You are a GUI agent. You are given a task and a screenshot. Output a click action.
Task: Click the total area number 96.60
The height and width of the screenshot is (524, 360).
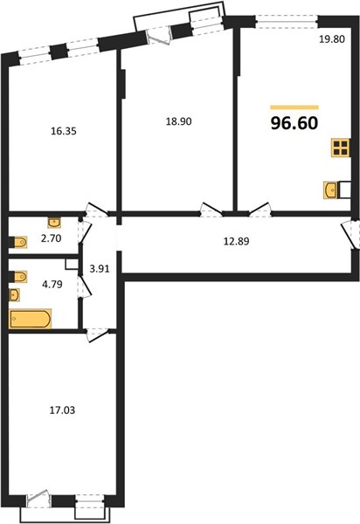[294, 123]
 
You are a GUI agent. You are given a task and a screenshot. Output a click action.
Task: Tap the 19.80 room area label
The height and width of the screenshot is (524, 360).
[331, 39]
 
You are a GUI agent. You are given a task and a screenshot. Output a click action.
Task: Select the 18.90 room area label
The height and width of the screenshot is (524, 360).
[179, 121]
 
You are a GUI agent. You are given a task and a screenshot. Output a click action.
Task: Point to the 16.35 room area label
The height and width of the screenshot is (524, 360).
[64, 131]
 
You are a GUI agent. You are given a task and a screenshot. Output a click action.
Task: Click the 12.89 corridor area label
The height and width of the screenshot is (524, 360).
[236, 241]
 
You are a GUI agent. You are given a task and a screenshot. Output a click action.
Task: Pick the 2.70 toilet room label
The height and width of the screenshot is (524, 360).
[52, 238]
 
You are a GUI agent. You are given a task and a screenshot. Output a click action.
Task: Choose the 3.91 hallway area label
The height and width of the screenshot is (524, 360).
[100, 269]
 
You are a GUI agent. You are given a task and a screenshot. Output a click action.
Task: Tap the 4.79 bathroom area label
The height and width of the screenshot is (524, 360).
[52, 285]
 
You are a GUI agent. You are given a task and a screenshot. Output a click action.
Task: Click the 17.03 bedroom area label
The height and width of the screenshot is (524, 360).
[62, 410]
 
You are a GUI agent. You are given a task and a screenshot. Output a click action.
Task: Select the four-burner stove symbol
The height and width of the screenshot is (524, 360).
[341, 148]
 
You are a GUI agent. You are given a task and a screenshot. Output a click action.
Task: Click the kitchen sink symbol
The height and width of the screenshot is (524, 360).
[331, 190]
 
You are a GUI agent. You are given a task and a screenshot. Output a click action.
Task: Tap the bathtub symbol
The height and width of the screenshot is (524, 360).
[30, 319]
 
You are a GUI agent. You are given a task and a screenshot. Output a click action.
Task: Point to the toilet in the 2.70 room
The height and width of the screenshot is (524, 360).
[18, 242]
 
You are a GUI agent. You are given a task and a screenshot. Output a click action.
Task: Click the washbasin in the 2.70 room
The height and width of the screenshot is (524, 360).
[54, 222]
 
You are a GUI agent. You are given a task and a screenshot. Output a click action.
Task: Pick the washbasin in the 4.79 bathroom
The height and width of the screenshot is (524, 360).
[14, 295]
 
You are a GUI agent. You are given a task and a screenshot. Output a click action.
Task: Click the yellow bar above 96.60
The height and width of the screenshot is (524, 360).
[294, 107]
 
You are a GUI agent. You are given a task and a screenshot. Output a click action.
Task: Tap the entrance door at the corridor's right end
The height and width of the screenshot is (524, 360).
[350, 234]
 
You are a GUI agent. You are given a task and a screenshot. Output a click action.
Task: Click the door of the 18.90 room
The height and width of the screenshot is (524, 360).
[211, 210]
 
